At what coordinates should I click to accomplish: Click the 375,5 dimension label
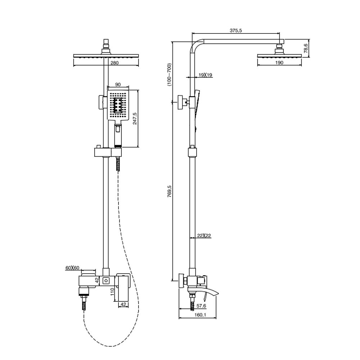235,30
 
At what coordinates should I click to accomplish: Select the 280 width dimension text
114,63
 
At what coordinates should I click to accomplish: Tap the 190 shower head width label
279,62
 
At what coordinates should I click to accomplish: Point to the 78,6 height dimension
306,49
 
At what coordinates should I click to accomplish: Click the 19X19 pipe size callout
205,75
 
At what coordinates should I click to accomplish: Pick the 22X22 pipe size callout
204,235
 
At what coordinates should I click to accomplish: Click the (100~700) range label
170,75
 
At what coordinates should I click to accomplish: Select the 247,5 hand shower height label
135,118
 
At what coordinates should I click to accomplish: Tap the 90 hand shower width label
118,85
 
